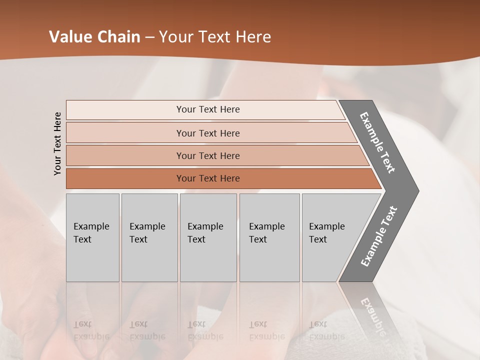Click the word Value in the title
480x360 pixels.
click(69, 37)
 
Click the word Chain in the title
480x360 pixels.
click(118, 37)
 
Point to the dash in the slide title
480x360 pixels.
click(149, 37)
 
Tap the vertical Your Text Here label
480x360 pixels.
click(57, 143)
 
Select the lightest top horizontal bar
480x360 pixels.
click(205, 109)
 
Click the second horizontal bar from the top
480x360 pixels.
click(208, 133)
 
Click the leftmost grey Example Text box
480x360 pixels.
click(92, 237)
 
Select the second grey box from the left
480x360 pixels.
click(149, 237)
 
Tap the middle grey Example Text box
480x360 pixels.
click(208, 237)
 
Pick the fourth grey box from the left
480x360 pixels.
click(269, 237)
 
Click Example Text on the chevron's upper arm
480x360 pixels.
click(377, 142)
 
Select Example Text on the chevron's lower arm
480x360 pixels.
click(378, 236)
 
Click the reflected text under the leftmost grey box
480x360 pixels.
click(91, 330)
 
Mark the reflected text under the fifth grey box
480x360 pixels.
click(327, 330)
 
